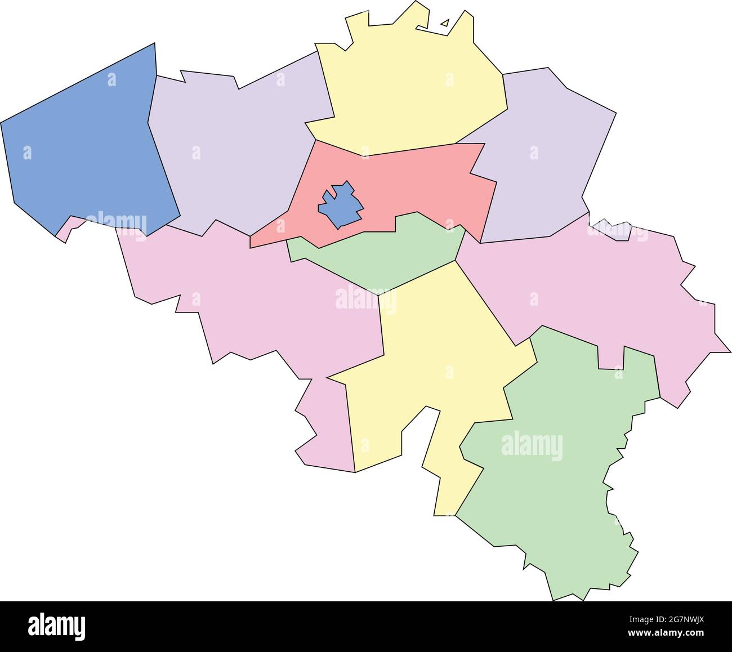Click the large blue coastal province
tap(84, 141)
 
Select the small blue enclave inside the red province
tap(340, 206)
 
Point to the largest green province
tap(557, 479)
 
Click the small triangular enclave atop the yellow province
tap(445, 23)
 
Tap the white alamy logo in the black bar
tap(57, 626)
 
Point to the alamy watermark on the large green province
tap(532, 446)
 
